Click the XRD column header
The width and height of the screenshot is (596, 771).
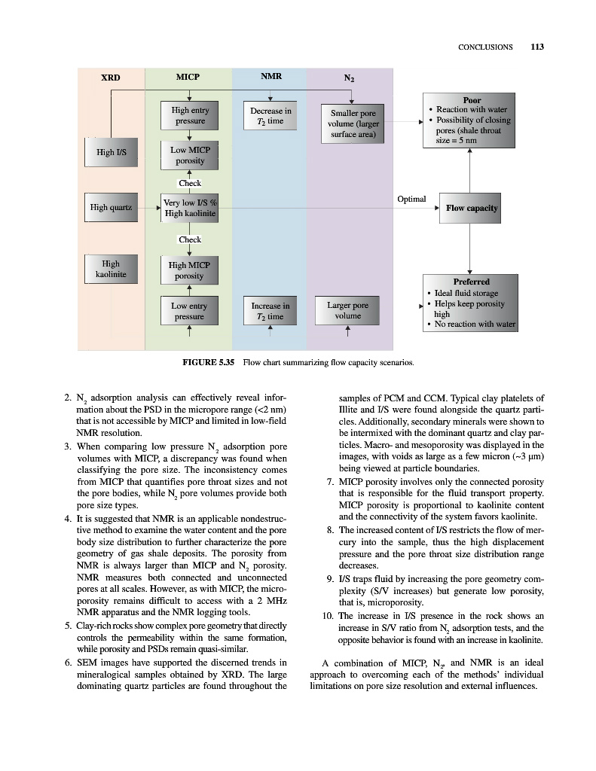[111, 77]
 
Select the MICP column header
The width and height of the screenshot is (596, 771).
[188, 76]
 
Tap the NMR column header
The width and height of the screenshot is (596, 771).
[270, 76]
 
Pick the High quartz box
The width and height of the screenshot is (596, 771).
[111, 207]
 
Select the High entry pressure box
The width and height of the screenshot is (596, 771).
[190, 115]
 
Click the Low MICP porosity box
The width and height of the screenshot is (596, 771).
[190, 155]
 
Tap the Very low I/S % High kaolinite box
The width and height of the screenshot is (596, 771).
[190, 208]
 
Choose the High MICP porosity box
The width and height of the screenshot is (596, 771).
[190, 270]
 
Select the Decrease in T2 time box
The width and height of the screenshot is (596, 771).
[270, 116]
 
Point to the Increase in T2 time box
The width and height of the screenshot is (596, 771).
[270, 311]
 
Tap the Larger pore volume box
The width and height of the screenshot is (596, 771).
[348, 310]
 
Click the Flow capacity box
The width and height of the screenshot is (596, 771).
[472, 208]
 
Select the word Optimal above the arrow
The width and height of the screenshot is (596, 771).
[411, 199]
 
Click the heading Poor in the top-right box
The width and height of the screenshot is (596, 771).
[472, 99]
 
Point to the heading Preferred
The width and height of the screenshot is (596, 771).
[471, 282]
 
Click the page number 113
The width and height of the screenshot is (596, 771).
[536, 47]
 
